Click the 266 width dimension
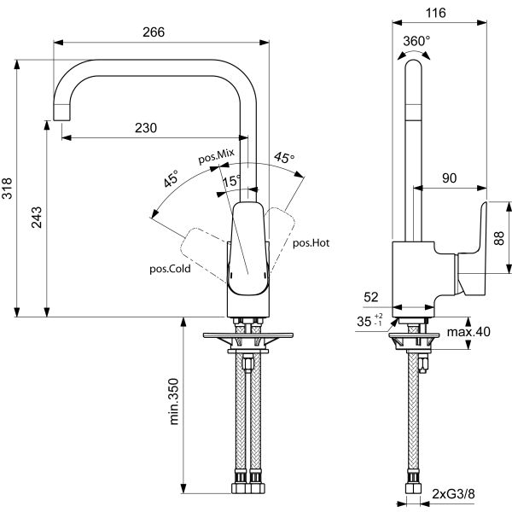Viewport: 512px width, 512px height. click(x=153, y=32)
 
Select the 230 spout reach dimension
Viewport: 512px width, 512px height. click(x=146, y=128)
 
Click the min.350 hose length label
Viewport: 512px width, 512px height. click(x=175, y=402)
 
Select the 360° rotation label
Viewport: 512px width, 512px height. click(x=416, y=40)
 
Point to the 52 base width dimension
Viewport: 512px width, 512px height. click(x=371, y=297)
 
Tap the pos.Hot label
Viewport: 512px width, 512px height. click(x=311, y=243)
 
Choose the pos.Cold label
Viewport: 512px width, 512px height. click(x=169, y=268)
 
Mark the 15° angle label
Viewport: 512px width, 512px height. click(x=230, y=181)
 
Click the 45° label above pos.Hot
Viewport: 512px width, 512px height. click(x=283, y=158)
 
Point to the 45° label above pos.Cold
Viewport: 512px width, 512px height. click(x=171, y=180)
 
